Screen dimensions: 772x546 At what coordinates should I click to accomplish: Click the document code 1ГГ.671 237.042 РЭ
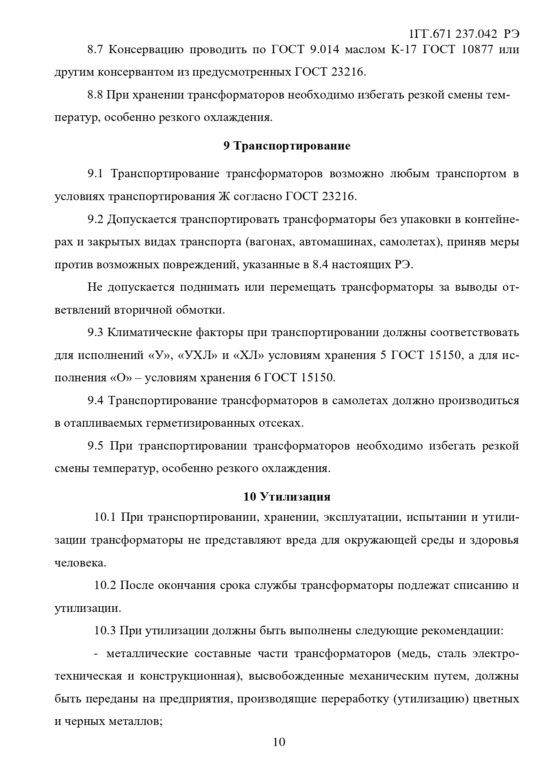pyautogui.click(x=464, y=34)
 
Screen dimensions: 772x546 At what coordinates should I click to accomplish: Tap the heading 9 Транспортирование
pyautogui.click(x=287, y=146)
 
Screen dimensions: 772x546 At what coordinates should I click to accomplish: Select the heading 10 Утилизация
pyautogui.click(x=287, y=497)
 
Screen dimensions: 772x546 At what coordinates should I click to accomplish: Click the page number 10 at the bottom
pyautogui.click(x=279, y=743)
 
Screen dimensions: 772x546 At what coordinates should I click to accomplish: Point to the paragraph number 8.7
pyautogui.click(x=95, y=49)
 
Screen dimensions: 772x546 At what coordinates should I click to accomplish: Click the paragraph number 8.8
pyautogui.click(x=95, y=95)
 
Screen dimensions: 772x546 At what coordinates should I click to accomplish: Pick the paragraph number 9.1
pyautogui.click(x=95, y=174)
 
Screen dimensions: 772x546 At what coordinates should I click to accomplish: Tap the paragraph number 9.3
pyautogui.click(x=95, y=332)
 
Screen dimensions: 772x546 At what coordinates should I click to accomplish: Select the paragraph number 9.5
pyautogui.click(x=95, y=446)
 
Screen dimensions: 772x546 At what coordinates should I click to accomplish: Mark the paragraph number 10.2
pyautogui.click(x=105, y=586)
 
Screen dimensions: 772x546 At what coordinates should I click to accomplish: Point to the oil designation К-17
pyautogui.click(x=403, y=49)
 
